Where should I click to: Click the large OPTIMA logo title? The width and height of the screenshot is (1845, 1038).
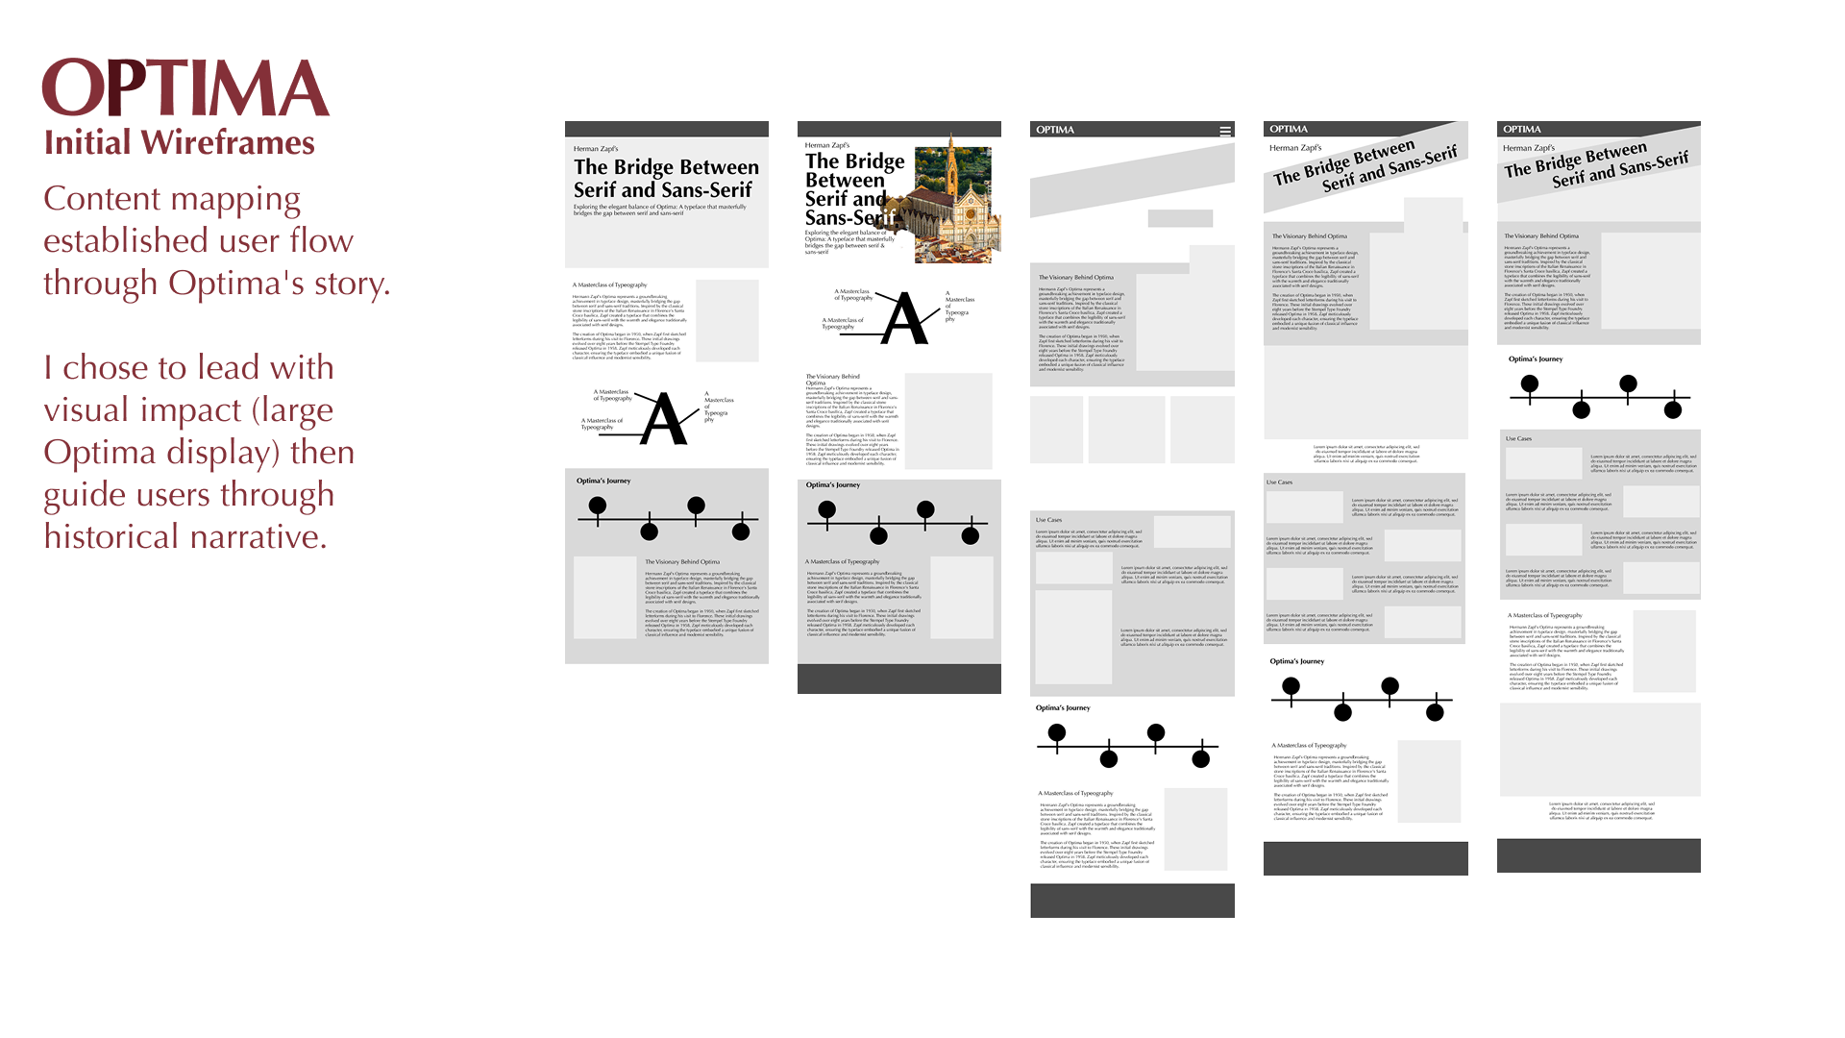[x=185, y=88]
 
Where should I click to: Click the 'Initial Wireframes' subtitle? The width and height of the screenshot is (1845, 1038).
[x=180, y=143]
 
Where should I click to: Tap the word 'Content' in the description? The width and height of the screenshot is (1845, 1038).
[x=101, y=199]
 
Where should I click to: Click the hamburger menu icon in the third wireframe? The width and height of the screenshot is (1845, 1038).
[x=1225, y=131]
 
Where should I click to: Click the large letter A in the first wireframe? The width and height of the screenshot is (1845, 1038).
[x=664, y=420]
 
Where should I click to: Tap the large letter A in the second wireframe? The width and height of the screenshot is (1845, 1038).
[x=904, y=319]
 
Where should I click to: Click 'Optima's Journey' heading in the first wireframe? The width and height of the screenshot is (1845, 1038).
[x=603, y=481]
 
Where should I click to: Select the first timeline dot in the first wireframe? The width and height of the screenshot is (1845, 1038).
[x=598, y=506]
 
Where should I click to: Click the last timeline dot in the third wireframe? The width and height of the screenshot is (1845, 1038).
[x=1200, y=759]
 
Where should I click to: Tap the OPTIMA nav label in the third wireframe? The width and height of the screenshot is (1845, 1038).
[x=1055, y=130]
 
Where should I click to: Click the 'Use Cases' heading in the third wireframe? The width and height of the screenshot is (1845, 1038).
[x=1048, y=520]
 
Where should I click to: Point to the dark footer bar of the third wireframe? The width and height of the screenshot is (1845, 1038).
[x=1132, y=901]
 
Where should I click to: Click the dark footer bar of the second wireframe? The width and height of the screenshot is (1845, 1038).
[x=898, y=679]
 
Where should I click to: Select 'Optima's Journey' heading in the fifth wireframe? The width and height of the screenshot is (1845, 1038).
[x=1536, y=359]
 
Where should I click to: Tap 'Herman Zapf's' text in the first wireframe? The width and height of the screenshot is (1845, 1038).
[x=596, y=149]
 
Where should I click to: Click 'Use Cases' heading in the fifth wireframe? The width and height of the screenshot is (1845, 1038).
[x=1518, y=439]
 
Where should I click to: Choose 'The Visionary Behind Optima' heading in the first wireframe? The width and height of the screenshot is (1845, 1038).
[x=682, y=562]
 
